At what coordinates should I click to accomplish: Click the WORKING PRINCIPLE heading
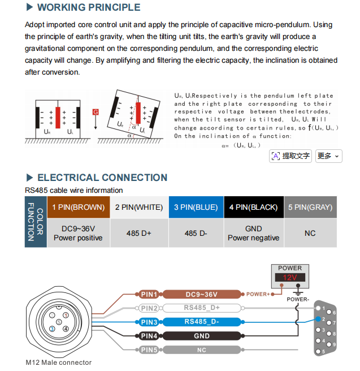(x=89, y=7)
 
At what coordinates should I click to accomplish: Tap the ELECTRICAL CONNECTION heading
(x=102, y=178)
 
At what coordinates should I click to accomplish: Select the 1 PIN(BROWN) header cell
(x=79, y=207)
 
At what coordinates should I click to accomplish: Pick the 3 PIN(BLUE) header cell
(x=196, y=207)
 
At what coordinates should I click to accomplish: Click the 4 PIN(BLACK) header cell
(x=254, y=207)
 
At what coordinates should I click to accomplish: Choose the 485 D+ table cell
(x=139, y=233)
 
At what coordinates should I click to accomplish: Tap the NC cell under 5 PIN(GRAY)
(x=310, y=233)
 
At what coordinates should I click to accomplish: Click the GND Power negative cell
(x=254, y=233)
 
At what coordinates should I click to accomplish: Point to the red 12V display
(x=290, y=277)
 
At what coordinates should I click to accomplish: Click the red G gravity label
(x=96, y=112)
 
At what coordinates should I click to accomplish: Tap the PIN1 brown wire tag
(x=149, y=294)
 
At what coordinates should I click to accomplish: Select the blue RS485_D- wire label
(x=202, y=322)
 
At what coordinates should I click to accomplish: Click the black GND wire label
(x=202, y=336)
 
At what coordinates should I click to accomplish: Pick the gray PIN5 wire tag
(x=149, y=350)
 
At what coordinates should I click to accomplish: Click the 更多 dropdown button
(x=328, y=156)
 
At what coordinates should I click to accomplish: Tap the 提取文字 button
(x=290, y=156)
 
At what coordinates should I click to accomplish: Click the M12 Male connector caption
(x=58, y=363)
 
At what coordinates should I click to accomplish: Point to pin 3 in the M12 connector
(x=52, y=329)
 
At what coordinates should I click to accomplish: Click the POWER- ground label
(x=298, y=299)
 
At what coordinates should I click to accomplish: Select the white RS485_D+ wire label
(x=202, y=308)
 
